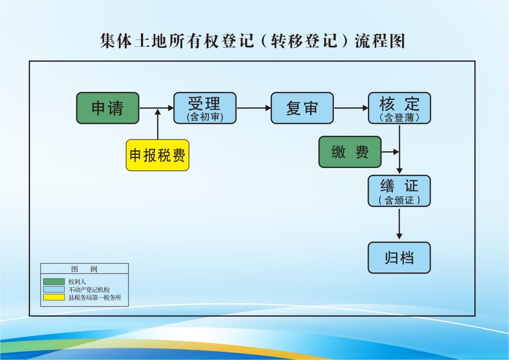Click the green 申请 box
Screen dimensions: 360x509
coord(107,108)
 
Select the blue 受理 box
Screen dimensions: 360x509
coord(205,108)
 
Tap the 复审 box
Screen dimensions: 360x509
coord(302,108)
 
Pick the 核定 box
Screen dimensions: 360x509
coord(399,108)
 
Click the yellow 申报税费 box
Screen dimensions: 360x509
coord(157,155)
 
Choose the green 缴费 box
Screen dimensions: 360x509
coord(350,152)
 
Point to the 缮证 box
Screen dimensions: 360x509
coord(399,191)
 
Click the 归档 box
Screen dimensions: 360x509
coord(399,258)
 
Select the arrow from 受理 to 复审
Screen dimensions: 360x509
coord(253,108)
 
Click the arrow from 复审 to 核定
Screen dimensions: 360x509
coord(351,108)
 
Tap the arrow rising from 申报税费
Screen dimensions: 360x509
coord(158,124)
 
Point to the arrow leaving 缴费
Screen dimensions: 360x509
coord(390,152)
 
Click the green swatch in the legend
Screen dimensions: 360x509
coord(54,282)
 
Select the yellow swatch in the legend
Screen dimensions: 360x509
coord(54,297)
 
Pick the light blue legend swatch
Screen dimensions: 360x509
coord(54,289)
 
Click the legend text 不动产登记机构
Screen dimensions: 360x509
coord(89,290)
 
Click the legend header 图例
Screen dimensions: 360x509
coord(84,269)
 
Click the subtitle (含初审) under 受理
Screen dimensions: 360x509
coord(205,118)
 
